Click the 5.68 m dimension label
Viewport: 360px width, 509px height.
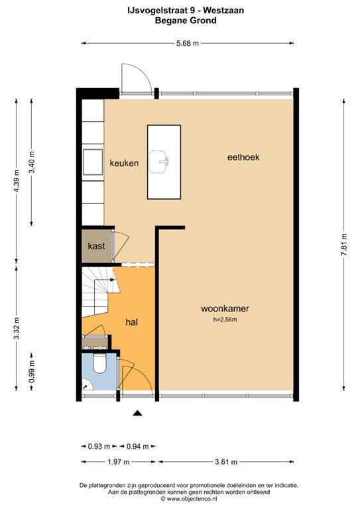(x=188, y=43)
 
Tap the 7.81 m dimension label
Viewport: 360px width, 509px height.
(x=344, y=245)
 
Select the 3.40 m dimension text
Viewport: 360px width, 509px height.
(x=32, y=162)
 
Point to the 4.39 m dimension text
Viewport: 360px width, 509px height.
(x=17, y=180)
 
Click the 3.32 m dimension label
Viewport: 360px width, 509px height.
(x=17, y=328)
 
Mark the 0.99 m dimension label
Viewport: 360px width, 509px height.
(x=32, y=371)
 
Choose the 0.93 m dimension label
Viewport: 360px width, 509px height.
(x=99, y=446)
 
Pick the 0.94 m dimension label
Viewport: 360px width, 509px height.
(x=138, y=446)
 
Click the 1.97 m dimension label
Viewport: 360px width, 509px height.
(x=119, y=461)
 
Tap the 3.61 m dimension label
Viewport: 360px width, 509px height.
(x=226, y=461)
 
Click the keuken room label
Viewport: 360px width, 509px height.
(x=124, y=163)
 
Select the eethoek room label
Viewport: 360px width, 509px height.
(x=243, y=158)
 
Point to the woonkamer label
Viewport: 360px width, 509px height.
(x=225, y=308)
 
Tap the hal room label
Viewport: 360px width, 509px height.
(x=132, y=322)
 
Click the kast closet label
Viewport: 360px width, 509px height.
(x=96, y=246)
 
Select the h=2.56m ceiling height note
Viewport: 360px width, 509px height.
(x=225, y=319)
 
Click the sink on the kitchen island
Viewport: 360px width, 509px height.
(x=158, y=161)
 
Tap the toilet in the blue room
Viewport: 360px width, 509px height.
(x=99, y=364)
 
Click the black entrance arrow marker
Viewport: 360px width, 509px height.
(x=138, y=413)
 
